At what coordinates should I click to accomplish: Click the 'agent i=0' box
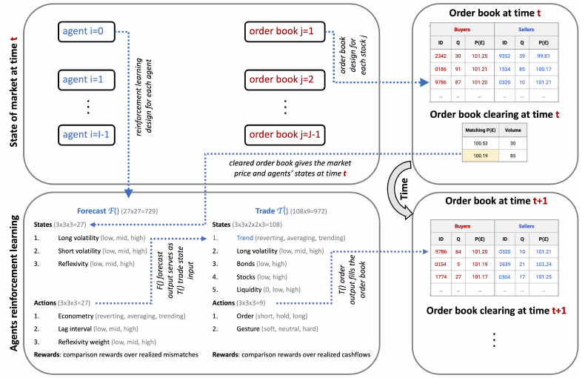[x=86, y=32]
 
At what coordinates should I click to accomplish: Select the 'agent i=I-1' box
[x=86, y=135]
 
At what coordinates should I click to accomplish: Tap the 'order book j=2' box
[x=284, y=79]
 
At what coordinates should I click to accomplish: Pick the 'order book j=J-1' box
[x=284, y=135]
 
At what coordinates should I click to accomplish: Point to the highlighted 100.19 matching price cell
[x=481, y=156]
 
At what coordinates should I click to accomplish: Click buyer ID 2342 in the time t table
[x=441, y=56]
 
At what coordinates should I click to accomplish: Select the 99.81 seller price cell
[x=544, y=56]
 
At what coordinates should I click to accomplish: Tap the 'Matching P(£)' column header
[x=481, y=130]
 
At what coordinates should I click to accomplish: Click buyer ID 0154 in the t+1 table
[x=441, y=265]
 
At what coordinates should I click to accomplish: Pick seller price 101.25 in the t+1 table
[x=544, y=277]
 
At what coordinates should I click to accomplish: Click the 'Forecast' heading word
[x=92, y=211]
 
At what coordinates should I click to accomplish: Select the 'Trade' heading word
[x=265, y=211]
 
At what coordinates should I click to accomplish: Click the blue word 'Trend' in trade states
[x=245, y=238]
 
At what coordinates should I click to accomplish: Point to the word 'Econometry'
[x=76, y=316]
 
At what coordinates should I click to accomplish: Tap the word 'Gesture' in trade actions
[x=248, y=329]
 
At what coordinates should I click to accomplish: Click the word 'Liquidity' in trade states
[x=249, y=289]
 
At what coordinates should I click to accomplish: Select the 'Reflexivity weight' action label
[x=84, y=342]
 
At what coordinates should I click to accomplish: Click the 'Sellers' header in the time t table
[x=526, y=30]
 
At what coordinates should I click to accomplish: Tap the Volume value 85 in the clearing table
[x=512, y=156]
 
